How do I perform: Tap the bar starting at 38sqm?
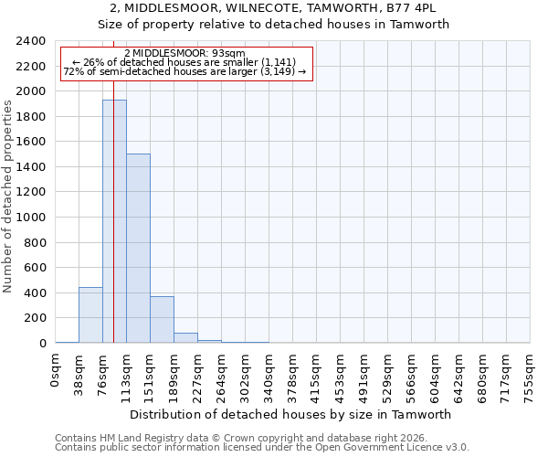[x=90, y=315]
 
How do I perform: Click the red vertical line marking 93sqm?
[x=113, y=183]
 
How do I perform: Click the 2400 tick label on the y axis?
[x=31, y=41]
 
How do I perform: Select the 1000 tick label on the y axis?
[x=31, y=218]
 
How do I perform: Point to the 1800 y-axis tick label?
[x=31, y=117]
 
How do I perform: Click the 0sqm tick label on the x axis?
[x=55, y=369]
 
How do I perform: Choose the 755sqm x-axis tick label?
[x=530, y=374]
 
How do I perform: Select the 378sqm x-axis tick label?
[x=292, y=374]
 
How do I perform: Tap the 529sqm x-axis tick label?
[x=387, y=374]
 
